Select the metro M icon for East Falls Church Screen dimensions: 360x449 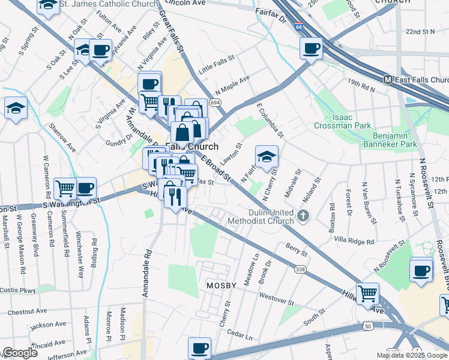click(x=388, y=80)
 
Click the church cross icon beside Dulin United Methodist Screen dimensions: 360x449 click(x=304, y=215)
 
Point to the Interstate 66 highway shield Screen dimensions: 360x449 click(x=299, y=28)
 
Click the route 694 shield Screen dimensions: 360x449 click(x=214, y=103)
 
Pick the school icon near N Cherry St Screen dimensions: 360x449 click(x=267, y=157)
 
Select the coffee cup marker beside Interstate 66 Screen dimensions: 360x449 click(x=311, y=48)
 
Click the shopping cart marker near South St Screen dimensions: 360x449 click(x=367, y=293)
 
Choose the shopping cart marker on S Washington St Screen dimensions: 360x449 click(x=65, y=188)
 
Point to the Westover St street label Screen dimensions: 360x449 click(x=276, y=296)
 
